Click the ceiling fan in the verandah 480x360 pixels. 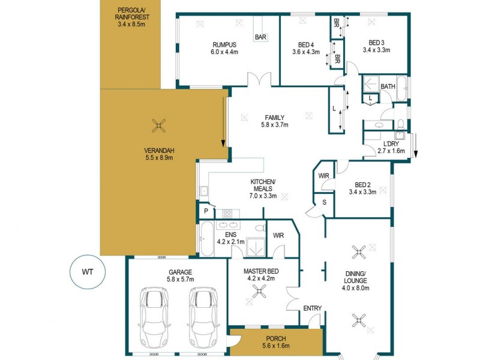[x=159, y=125]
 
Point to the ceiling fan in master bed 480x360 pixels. [x=259, y=291]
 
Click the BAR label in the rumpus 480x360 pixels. [x=261, y=37]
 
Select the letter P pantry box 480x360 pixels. [x=205, y=212]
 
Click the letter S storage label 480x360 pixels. [x=324, y=203]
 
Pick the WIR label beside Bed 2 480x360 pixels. [x=325, y=175]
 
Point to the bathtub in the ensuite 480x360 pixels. [x=205, y=239]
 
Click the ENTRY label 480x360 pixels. [x=312, y=308]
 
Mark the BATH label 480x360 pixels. [x=388, y=86]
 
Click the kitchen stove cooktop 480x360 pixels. [x=229, y=212]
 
